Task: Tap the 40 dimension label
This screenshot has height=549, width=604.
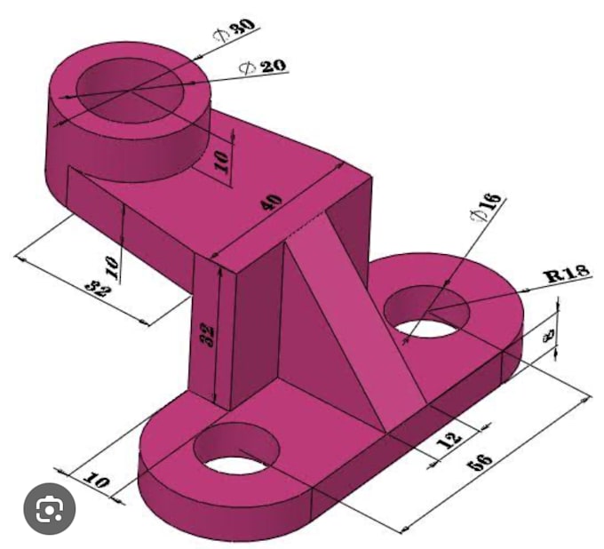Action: (x=272, y=202)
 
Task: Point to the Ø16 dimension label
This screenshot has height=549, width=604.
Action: (x=487, y=209)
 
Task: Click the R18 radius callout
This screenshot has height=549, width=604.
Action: (x=567, y=274)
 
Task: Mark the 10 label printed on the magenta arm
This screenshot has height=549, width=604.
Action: (x=221, y=161)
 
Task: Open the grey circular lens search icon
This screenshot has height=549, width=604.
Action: (x=49, y=509)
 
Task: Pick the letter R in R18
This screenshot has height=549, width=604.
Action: (x=552, y=276)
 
